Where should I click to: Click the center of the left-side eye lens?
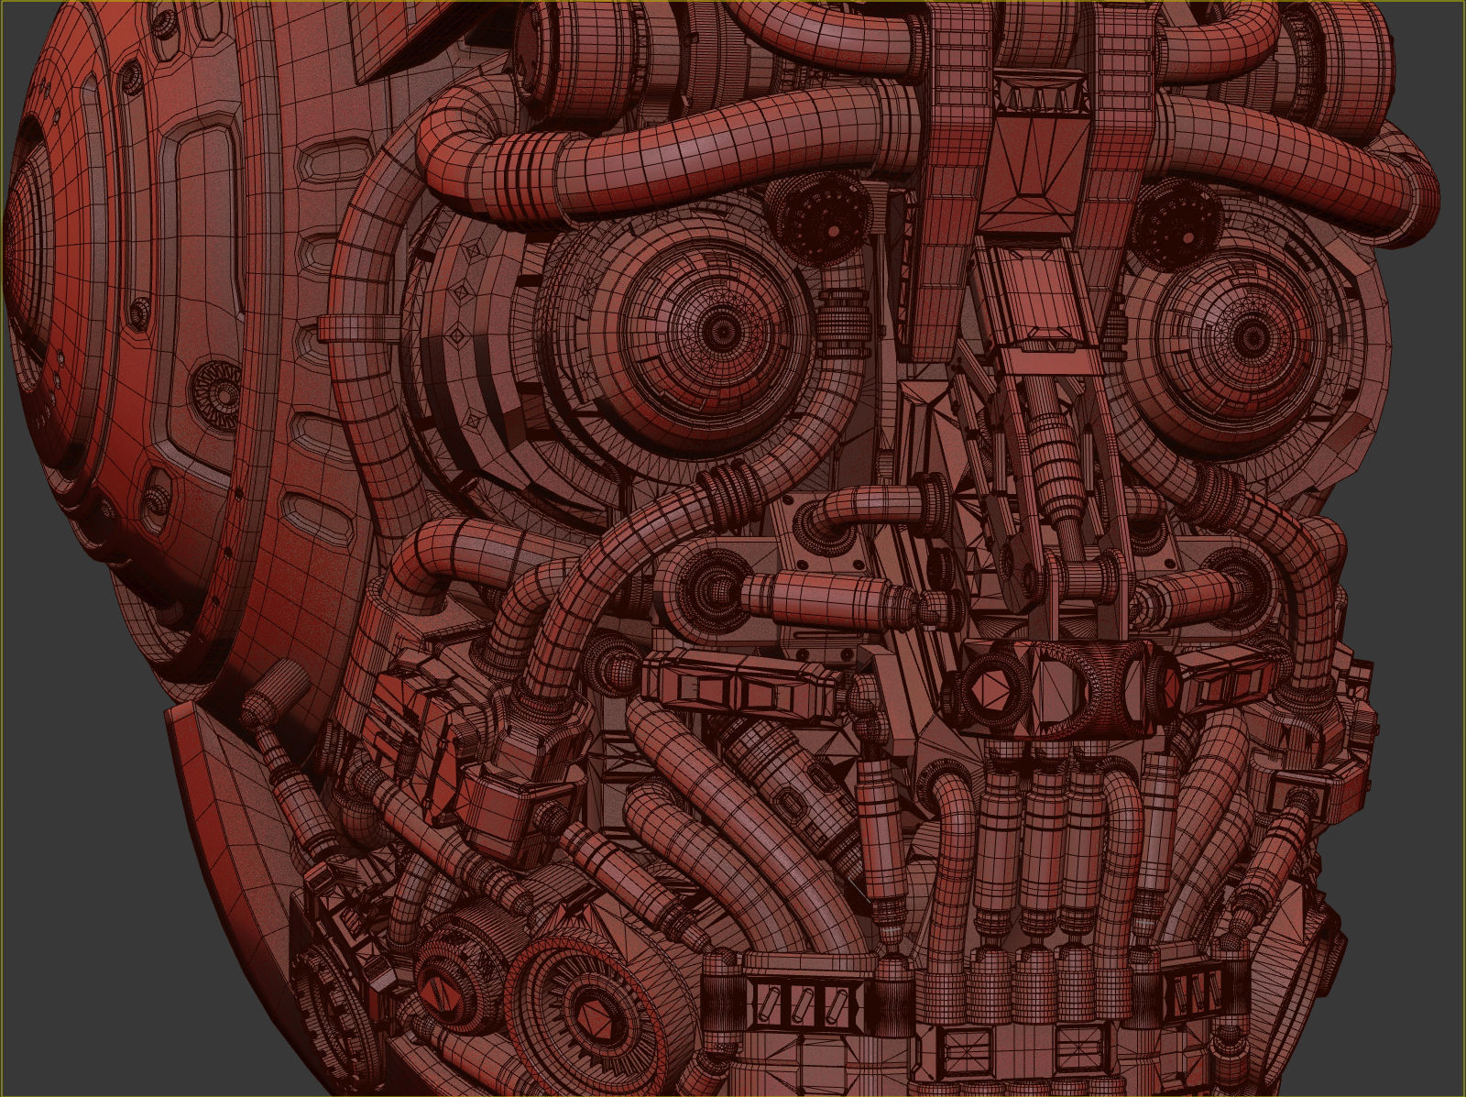pyautogui.click(x=721, y=329)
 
